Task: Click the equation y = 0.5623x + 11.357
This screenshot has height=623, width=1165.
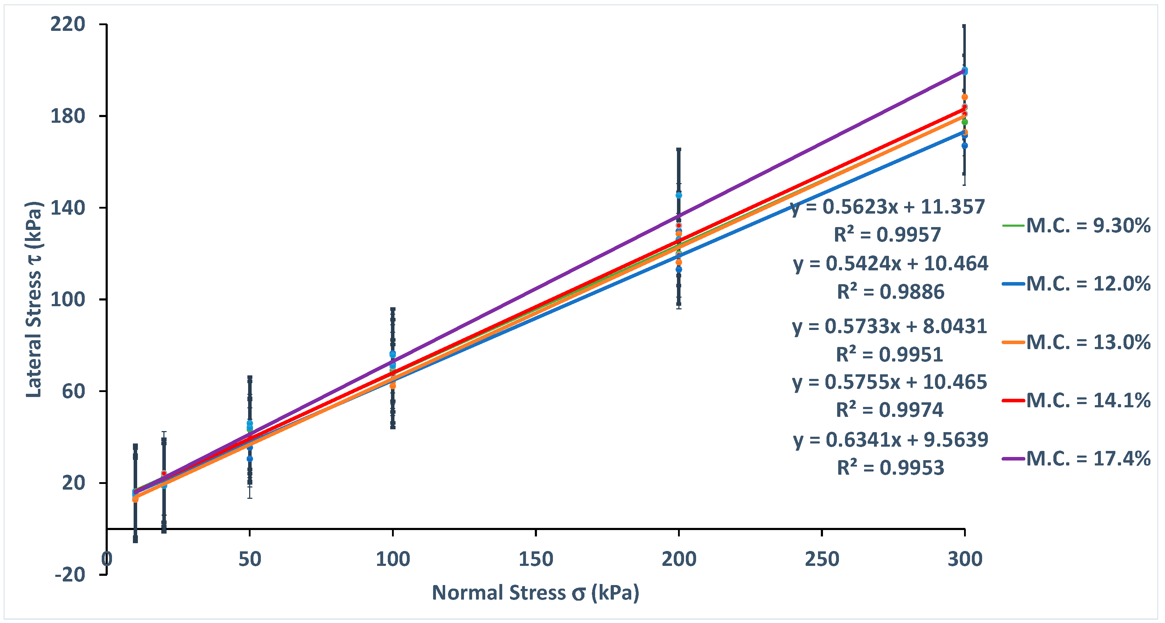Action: click(887, 207)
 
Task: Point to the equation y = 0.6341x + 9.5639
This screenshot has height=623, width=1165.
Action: click(890, 440)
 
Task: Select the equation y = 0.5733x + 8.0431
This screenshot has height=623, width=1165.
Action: click(889, 326)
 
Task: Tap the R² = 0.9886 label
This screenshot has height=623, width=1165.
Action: click(890, 292)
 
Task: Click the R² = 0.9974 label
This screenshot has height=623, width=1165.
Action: click(889, 410)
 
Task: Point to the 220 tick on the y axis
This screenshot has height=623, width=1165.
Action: click(68, 24)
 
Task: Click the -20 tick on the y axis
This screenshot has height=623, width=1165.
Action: click(70, 574)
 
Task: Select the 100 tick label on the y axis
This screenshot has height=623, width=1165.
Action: click(68, 299)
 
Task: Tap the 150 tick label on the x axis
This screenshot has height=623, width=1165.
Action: click(536, 559)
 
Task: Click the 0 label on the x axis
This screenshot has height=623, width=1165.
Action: click(107, 559)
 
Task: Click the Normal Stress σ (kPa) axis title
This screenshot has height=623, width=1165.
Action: click(536, 592)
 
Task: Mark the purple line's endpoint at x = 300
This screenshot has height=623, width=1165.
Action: click(964, 71)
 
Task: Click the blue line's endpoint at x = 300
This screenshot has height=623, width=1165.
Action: click(964, 132)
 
